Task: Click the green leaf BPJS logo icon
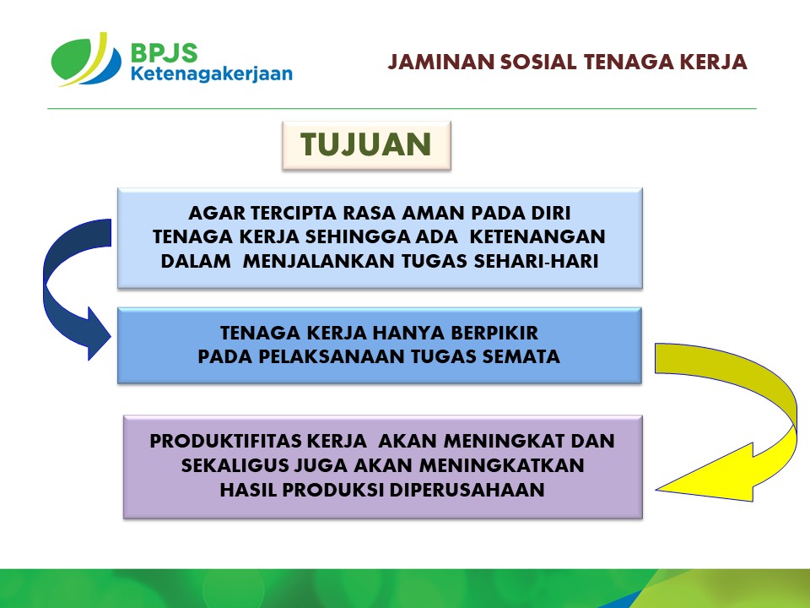point(86,59)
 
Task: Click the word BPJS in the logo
point(164,52)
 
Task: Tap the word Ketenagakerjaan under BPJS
point(211,74)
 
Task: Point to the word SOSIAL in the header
point(538,62)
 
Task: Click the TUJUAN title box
point(366,144)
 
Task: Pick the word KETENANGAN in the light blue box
point(537,236)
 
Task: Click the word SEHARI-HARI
point(537,261)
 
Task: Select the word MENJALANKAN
point(319,261)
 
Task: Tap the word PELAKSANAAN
point(332,356)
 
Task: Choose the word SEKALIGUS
point(234,465)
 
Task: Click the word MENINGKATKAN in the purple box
point(501,465)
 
